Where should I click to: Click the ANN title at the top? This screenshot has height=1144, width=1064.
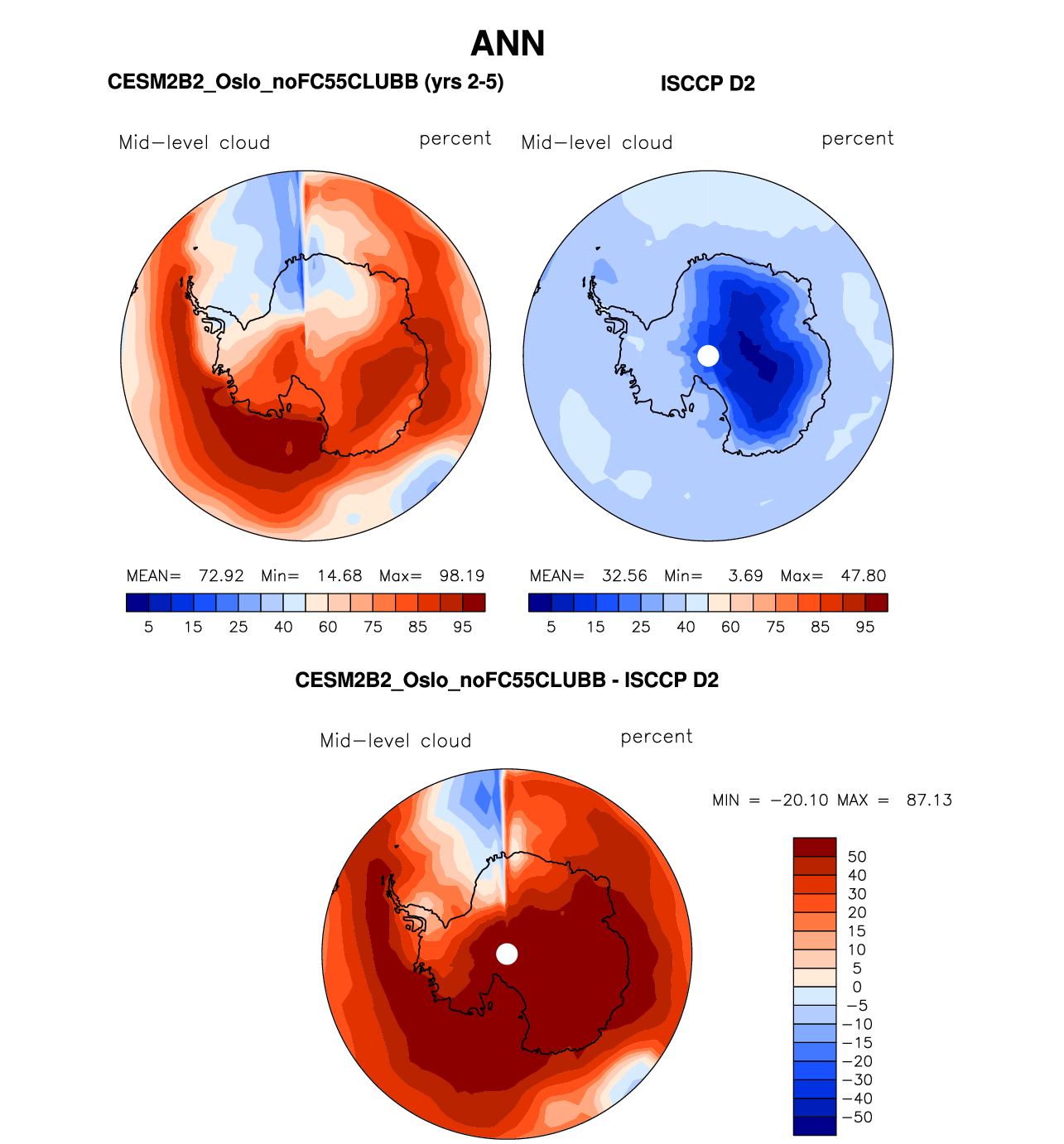[508, 44]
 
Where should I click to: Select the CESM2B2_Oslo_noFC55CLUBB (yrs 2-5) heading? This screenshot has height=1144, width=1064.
[306, 82]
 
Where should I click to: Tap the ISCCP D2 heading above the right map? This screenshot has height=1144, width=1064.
[707, 84]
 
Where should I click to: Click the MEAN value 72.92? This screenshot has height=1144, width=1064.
[221, 576]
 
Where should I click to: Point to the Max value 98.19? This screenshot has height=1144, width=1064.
[461, 576]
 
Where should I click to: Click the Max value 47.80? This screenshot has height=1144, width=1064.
[863, 576]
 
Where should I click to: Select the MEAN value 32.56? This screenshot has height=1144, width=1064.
[624, 576]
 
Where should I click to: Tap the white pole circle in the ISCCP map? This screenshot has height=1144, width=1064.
[708, 355]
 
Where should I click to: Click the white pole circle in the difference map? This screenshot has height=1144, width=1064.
[507, 954]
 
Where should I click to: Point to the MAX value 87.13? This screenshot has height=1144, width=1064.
[929, 800]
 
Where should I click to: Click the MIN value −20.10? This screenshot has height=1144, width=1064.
[799, 800]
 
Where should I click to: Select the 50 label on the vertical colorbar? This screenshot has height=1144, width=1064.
[857, 857]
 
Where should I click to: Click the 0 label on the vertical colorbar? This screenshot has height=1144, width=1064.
[857, 987]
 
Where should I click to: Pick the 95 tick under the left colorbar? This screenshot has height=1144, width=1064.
[463, 627]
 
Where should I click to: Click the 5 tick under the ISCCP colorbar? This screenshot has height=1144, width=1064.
[551, 627]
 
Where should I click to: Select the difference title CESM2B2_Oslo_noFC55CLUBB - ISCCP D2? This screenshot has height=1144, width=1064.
[507, 680]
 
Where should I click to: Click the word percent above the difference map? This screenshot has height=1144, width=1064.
[657, 737]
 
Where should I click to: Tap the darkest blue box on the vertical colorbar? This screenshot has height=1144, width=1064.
[815, 1126]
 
